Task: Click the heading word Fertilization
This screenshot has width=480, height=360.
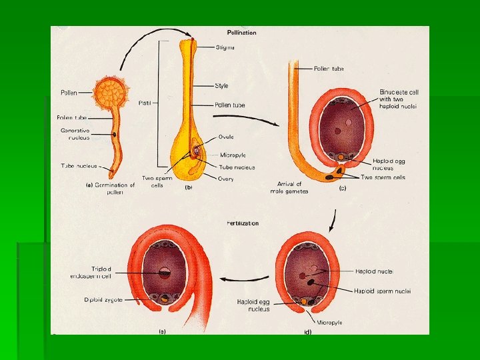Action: coord(243,223)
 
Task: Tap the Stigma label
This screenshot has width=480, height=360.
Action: coord(225,47)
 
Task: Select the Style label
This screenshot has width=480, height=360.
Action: coord(221,85)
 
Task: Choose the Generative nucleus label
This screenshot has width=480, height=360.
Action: coord(75,133)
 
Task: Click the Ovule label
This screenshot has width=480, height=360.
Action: coord(225,137)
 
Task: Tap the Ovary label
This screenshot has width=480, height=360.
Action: coord(226,179)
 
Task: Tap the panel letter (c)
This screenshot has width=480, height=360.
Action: coord(343,189)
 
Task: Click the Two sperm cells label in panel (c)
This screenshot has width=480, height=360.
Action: coord(382,177)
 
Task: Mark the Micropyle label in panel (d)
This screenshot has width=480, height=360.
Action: coord(329,322)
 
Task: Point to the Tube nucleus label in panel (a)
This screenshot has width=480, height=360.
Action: coord(79,166)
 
